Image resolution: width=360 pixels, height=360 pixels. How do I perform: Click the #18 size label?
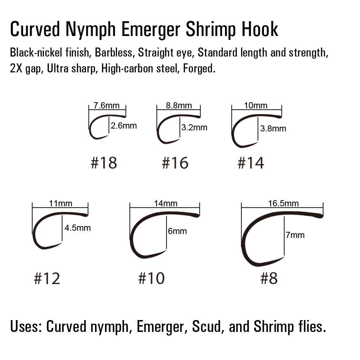click(x=104, y=163)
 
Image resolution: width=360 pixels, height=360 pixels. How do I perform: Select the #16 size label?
click(x=175, y=163)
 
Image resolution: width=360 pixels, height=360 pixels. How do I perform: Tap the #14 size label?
click(x=251, y=163)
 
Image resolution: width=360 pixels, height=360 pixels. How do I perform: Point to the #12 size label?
click(x=47, y=278)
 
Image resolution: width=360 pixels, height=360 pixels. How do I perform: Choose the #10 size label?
click(x=151, y=278)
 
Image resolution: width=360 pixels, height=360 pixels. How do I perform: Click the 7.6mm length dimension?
click(x=106, y=105)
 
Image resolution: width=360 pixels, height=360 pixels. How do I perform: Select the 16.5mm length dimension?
click(x=283, y=203)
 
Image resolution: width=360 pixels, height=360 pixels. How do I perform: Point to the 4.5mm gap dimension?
click(x=78, y=228)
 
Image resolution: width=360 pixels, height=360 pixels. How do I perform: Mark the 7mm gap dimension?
click(x=295, y=235)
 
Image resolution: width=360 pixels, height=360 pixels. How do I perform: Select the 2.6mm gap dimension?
click(x=124, y=126)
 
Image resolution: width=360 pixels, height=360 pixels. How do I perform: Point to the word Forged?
click(x=199, y=69)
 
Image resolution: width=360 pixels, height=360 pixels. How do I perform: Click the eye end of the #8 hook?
click(x=320, y=216)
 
